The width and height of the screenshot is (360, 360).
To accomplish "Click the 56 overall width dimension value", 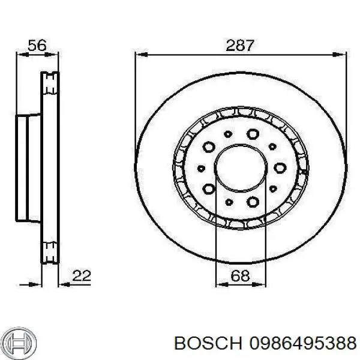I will (x=38, y=45).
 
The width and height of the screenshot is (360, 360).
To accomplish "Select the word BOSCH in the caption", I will (x=205, y=343).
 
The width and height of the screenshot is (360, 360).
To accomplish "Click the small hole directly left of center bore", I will (x=201, y=168).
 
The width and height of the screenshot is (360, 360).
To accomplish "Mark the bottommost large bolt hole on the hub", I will (x=252, y=202).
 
